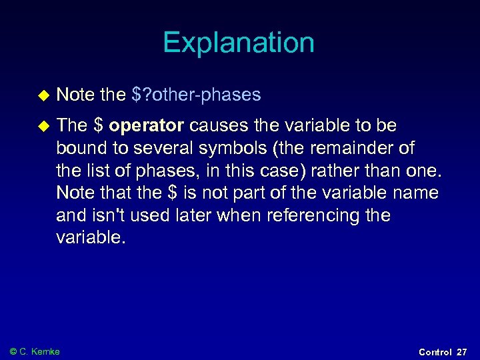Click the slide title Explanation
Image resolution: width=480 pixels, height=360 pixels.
pos(239,43)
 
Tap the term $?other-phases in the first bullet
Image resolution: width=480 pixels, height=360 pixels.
pos(196,95)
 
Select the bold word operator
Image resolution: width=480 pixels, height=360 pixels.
pos(147,125)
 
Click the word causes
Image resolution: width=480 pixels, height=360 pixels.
pos(215,125)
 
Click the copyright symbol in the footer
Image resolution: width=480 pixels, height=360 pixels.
pos(13,351)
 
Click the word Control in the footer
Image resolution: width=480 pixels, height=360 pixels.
pos(435,352)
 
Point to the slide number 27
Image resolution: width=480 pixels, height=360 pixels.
pos(462,352)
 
